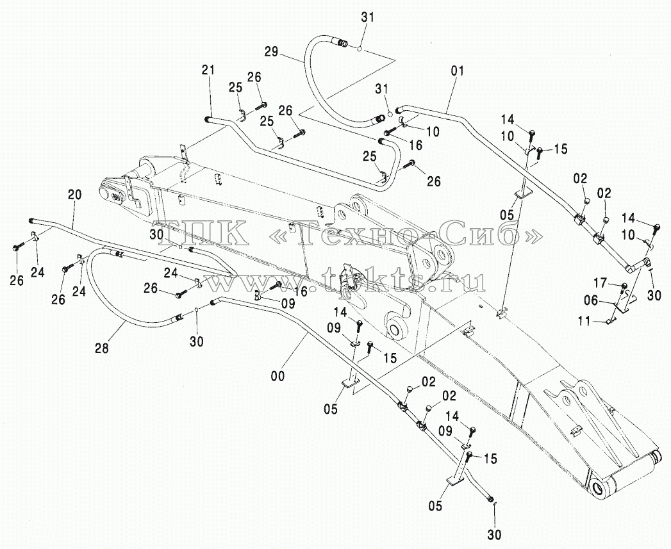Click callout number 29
pyautogui.click(x=271, y=53)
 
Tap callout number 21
pyautogui.click(x=210, y=70)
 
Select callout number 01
pyautogui.click(x=458, y=70)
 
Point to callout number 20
pyautogui.click(x=74, y=195)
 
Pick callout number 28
pyautogui.click(x=103, y=348)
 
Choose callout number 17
pyautogui.click(x=601, y=283)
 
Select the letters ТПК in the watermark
pyautogui.click(x=200, y=233)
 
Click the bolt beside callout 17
pyautogui.click(x=624, y=287)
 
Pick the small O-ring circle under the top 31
pyautogui.click(x=361, y=48)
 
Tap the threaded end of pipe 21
pyautogui.click(x=208, y=119)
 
